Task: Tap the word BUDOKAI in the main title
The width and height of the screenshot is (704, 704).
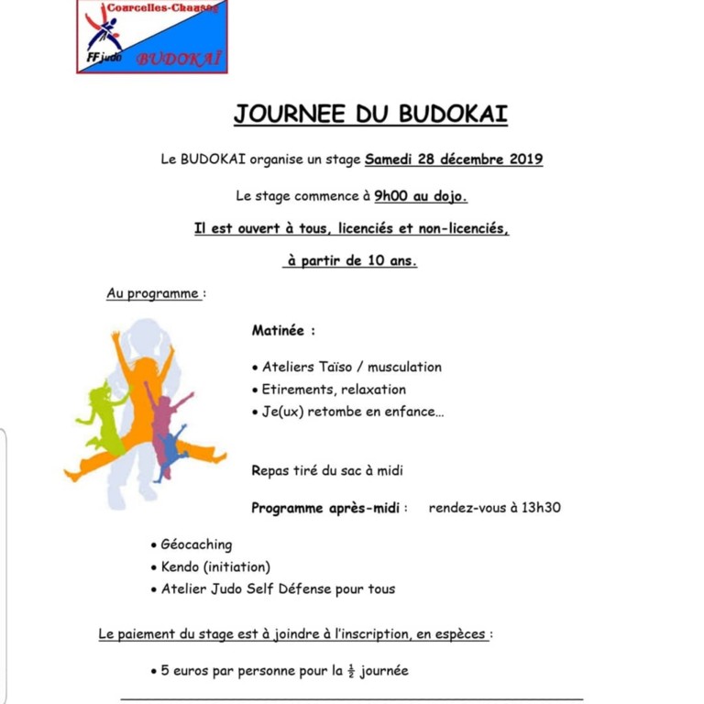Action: (453, 114)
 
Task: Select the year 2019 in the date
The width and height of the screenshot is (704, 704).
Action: (522, 159)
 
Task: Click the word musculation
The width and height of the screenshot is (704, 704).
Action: (400, 367)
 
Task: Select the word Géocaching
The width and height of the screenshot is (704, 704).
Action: (196, 544)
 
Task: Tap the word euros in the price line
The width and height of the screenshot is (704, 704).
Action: (194, 670)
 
